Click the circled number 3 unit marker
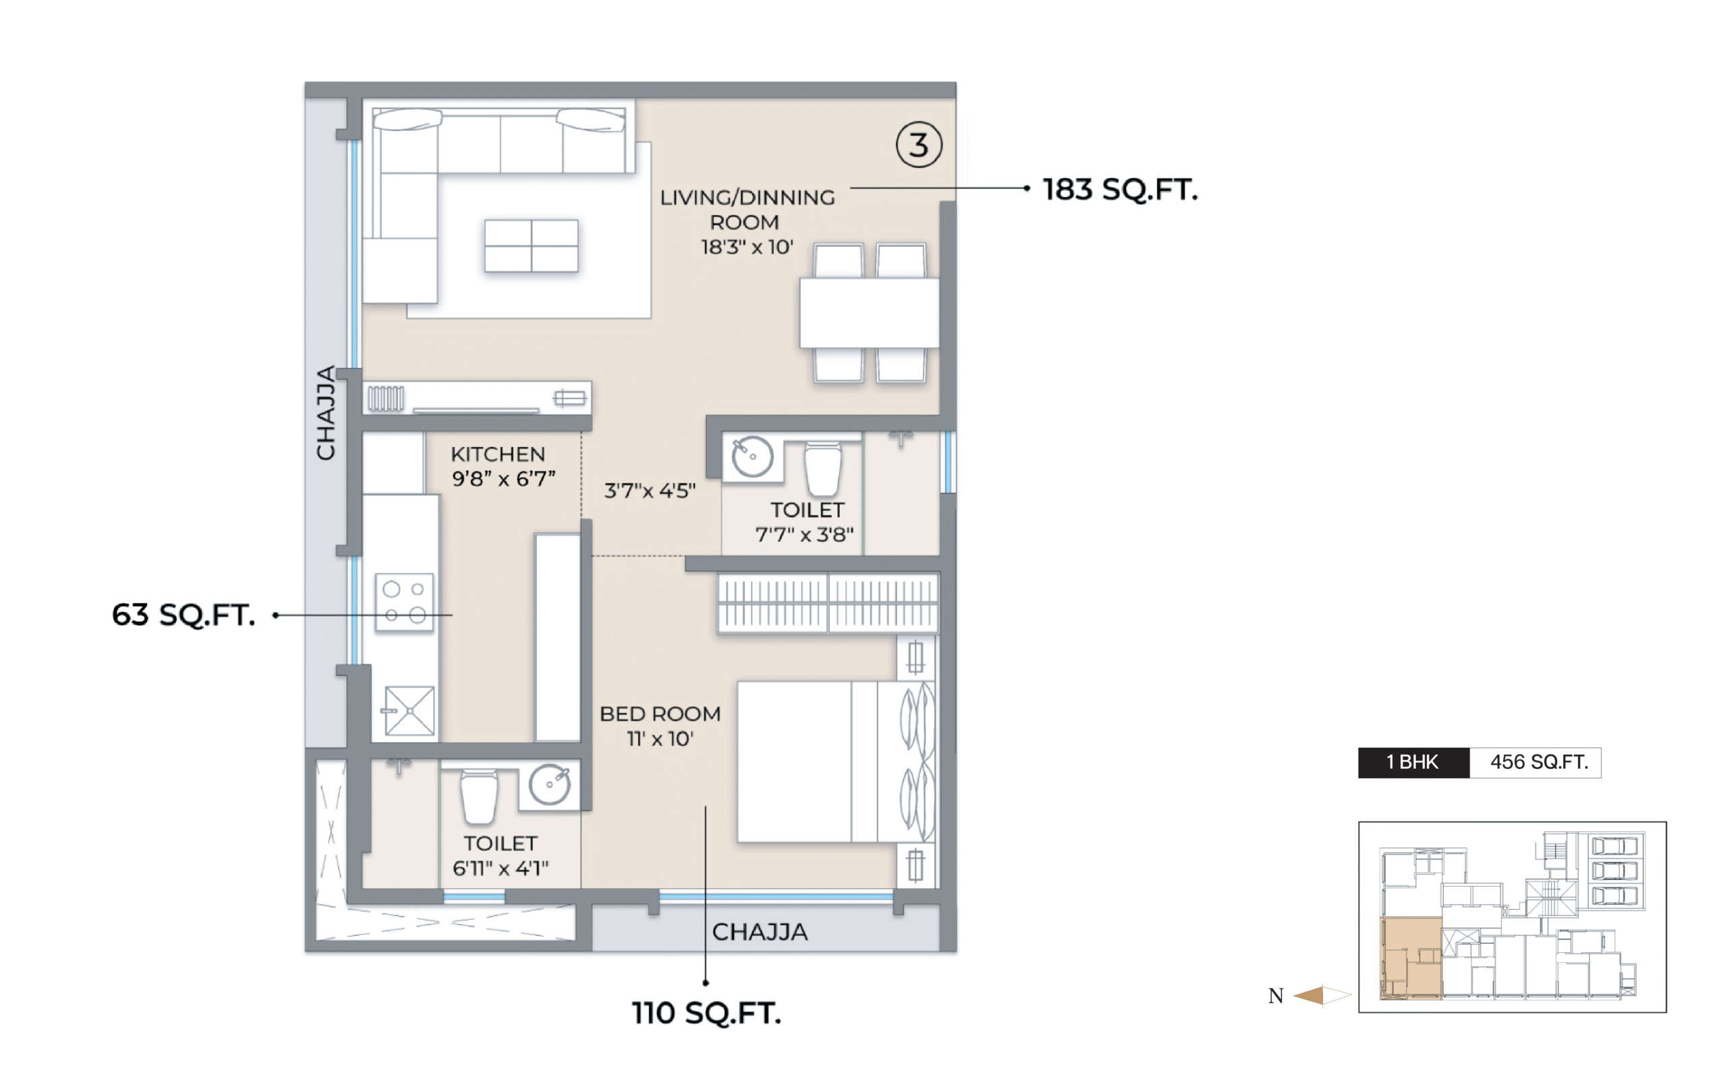[x=918, y=145]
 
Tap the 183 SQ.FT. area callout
[x=1120, y=189]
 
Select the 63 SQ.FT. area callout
[x=183, y=615]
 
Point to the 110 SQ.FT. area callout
[x=706, y=1014]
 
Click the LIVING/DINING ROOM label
[x=747, y=210]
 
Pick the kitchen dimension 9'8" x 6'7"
[x=504, y=479]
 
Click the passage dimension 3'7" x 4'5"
[x=650, y=491]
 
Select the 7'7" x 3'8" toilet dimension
[x=804, y=535]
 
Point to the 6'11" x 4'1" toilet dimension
[x=501, y=869]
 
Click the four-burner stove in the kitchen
[x=405, y=602]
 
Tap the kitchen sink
[x=409, y=711]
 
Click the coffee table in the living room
[x=532, y=245]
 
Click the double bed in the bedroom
[x=836, y=761]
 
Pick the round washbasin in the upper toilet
[x=752, y=457]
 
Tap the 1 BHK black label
[x=1414, y=763]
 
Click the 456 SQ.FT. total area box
[x=1535, y=763]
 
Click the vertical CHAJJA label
[x=326, y=413]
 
